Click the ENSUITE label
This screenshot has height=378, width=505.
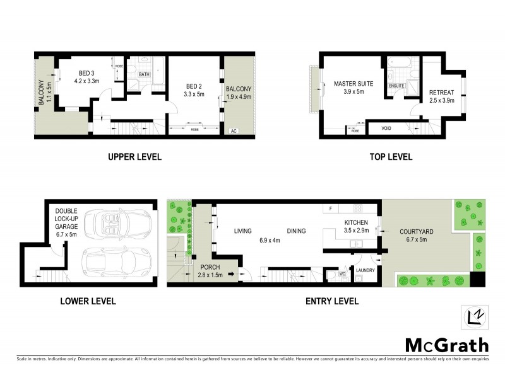coord(396,85)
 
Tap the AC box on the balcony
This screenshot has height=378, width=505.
coord(233,131)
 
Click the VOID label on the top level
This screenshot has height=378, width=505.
coord(386,129)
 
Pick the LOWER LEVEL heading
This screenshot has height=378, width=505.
coord(88,301)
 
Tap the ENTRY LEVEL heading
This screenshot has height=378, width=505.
coord(331,301)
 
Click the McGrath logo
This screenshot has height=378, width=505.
coord(446,345)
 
